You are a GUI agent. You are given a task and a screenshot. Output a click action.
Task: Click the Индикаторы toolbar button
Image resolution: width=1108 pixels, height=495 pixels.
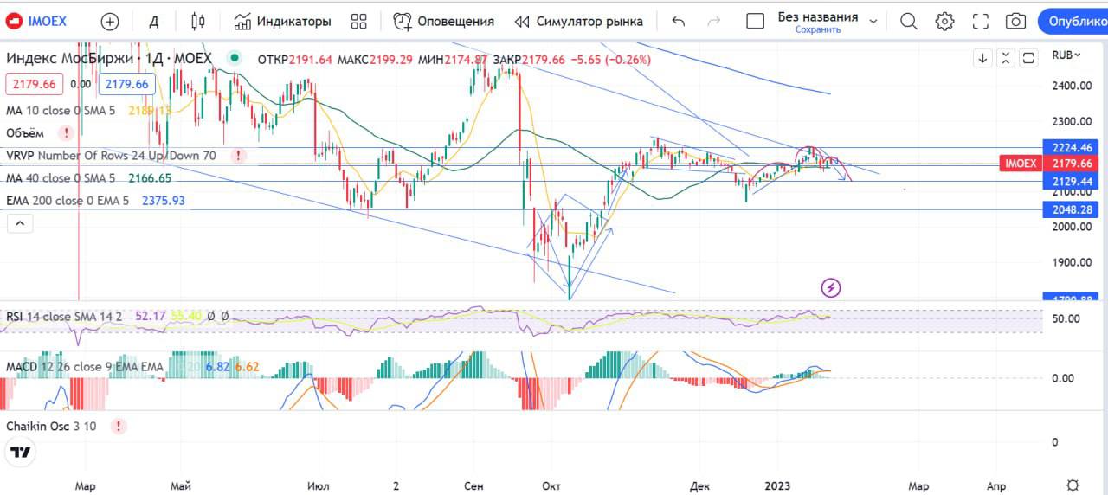(282, 21)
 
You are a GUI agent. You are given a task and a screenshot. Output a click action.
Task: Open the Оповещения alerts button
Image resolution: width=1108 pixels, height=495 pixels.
(443, 21)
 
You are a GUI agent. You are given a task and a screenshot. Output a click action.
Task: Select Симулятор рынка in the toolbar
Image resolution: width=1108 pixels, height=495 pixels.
(578, 21)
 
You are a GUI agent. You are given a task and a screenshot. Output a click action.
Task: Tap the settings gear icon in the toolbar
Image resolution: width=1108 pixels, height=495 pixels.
(944, 21)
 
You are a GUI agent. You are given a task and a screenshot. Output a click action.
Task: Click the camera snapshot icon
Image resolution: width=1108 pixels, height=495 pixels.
(1016, 21)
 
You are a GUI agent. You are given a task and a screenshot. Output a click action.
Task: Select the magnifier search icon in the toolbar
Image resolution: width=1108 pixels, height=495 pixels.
(908, 21)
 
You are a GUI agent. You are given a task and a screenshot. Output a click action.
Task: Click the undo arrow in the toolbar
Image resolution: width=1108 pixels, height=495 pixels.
(678, 21)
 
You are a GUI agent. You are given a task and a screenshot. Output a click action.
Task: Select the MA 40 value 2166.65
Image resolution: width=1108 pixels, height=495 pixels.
(149, 178)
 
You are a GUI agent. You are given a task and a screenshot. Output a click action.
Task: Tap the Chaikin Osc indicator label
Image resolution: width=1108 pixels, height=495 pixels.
(51, 426)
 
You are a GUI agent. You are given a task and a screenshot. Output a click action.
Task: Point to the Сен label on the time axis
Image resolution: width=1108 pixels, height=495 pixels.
(473, 486)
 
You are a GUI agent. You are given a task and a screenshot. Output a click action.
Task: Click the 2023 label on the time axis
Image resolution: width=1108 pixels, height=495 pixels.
(776, 486)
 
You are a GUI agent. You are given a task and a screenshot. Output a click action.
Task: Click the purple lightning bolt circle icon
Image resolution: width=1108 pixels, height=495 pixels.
(830, 287)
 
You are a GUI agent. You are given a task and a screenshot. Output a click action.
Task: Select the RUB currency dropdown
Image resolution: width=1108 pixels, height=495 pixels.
(1066, 55)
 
